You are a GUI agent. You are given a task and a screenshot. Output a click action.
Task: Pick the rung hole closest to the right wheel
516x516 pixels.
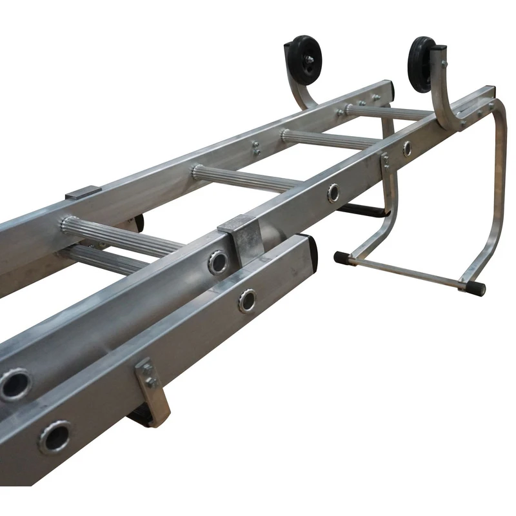[407, 148]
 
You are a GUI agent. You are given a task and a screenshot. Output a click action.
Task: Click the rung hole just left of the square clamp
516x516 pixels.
[217, 262]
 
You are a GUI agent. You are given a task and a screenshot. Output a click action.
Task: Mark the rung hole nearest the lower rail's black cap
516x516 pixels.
[246, 301]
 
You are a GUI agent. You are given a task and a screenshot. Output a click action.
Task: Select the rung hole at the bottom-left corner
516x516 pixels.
[54, 437]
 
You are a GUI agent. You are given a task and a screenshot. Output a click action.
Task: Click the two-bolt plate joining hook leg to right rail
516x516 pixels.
[385, 161]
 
